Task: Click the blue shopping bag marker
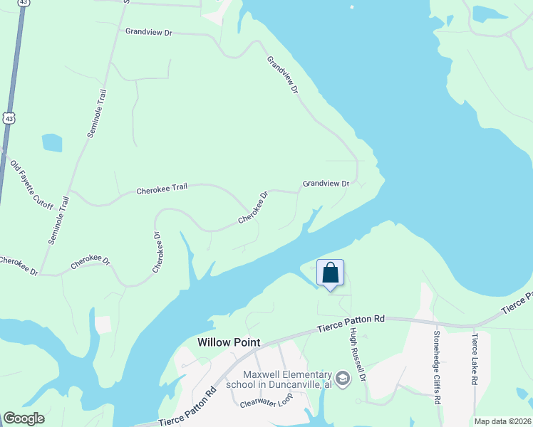[331, 273]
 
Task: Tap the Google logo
[24, 418]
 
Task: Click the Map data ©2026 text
[502, 421]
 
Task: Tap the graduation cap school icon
[343, 377]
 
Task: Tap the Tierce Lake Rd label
[474, 360]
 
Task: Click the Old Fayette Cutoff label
[33, 183]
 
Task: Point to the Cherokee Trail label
[162, 189]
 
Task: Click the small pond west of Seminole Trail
[52, 142]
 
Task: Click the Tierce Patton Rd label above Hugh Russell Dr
[351, 320]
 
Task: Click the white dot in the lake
[352, 8]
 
